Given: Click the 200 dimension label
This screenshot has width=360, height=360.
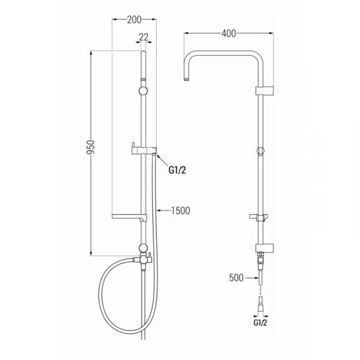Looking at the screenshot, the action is click(134, 20).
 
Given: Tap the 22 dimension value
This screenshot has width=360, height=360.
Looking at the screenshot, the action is click(144, 37).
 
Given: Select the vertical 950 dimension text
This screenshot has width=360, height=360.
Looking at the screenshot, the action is click(91, 147).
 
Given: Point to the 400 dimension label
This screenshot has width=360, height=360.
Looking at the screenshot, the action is click(229, 34).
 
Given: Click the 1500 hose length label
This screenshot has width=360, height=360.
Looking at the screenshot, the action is click(181, 211).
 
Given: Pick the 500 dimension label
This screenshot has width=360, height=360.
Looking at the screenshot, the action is click(236, 278).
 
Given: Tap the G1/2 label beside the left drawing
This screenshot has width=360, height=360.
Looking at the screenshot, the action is click(177, 170).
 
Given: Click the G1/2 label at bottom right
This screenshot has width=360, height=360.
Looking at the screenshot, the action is click(260, 323).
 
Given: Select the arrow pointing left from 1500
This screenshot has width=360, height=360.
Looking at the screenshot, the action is click(163, 211).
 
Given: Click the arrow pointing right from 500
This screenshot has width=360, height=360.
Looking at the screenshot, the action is click(252, 278).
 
